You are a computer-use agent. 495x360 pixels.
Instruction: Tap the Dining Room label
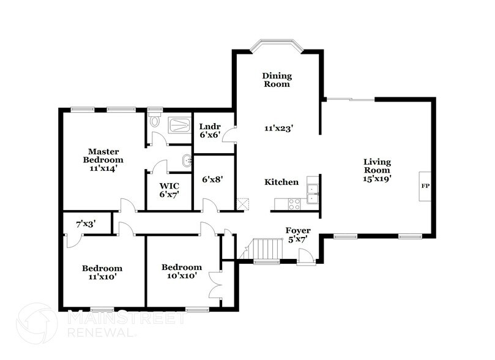(277, 80)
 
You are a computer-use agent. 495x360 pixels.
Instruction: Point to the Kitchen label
(281, 182)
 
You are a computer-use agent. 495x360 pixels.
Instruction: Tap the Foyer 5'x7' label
(299, 234)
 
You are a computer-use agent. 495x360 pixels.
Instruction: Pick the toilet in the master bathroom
(155, 120)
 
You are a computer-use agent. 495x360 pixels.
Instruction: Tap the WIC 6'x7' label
(168, 190)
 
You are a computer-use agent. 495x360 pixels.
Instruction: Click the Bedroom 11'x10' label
(102, 272)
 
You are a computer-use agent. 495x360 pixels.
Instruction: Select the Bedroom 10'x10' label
(181, 271)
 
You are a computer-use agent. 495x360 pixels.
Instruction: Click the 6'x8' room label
(212, 179)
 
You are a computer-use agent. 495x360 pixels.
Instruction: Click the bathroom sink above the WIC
(186, 162)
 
